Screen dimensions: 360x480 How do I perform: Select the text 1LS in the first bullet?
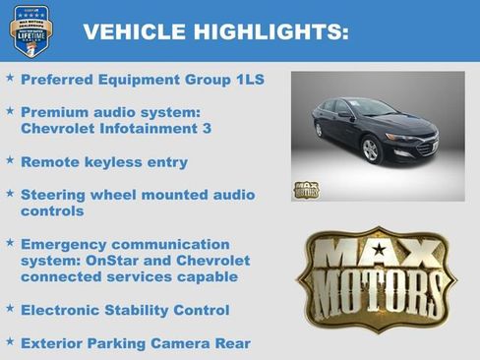247,79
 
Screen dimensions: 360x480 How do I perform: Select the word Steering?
56,195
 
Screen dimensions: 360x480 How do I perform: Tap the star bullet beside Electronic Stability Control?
10,309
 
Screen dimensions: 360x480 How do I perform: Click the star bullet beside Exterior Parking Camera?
10,341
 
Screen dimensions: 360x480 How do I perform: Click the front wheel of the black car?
371,150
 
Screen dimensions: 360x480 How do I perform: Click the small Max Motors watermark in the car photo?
307,189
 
